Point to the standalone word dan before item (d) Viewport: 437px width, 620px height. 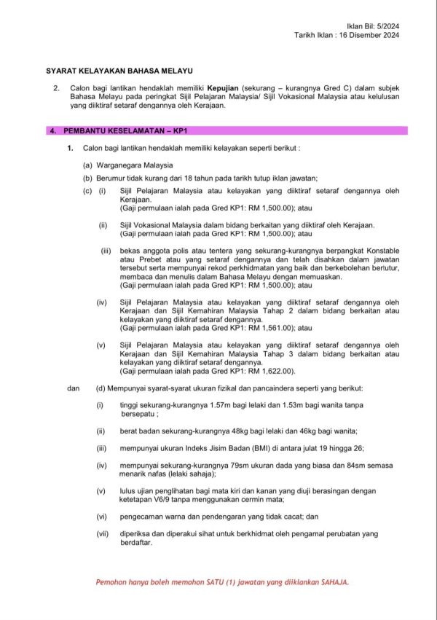[73, 388]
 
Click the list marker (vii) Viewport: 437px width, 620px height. [102, 533]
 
